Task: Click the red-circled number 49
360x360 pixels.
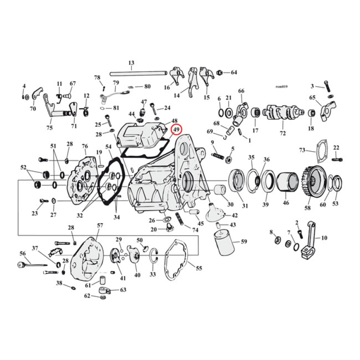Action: [x=176, y=130]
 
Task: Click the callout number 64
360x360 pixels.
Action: [x=234, y=72]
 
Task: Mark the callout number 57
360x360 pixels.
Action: [x=100, y=225]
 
